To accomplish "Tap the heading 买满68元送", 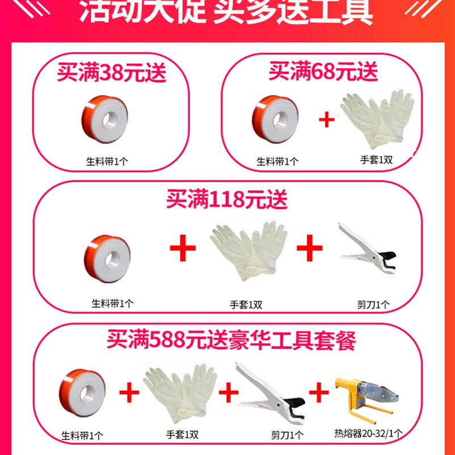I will pyautogui.click(x=323, y=72).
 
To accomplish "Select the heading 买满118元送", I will pyautogui.click(x=226, y=200).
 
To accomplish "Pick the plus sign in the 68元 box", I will pyautogui.click(x=326, y=120).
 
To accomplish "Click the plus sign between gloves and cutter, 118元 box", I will pyautogui.click(x=310, y=248).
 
